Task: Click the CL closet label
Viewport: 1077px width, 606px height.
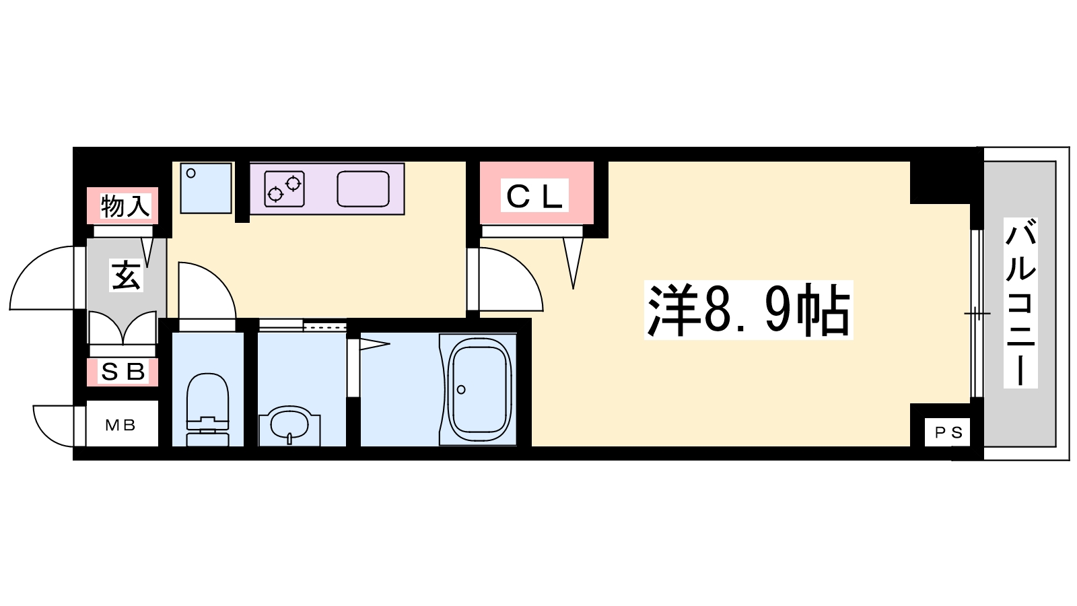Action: pos(534,195)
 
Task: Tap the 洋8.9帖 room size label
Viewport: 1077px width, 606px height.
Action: pos(749,310)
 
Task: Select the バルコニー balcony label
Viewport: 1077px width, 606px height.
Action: pos(1020,302)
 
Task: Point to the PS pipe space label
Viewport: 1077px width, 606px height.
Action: pos(948,433)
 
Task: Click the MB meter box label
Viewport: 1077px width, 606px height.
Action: pos(120,425)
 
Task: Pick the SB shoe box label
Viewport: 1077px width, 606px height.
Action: pos(123,372)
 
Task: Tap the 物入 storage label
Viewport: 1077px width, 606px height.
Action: pos(125,206)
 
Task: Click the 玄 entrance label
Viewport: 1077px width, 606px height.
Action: pos(126,275)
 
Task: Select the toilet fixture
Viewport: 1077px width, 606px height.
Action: pos(207,410)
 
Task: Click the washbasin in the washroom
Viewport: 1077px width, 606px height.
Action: pos(289,426)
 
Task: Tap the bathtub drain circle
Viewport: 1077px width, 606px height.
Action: pos(461,390)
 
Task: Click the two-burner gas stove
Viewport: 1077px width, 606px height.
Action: pos(284,189)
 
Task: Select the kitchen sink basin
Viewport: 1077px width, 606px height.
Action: pos(363,189)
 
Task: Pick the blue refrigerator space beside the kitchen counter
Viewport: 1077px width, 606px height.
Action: pos(206,188)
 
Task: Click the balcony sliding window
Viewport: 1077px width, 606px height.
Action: pos(977,314)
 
